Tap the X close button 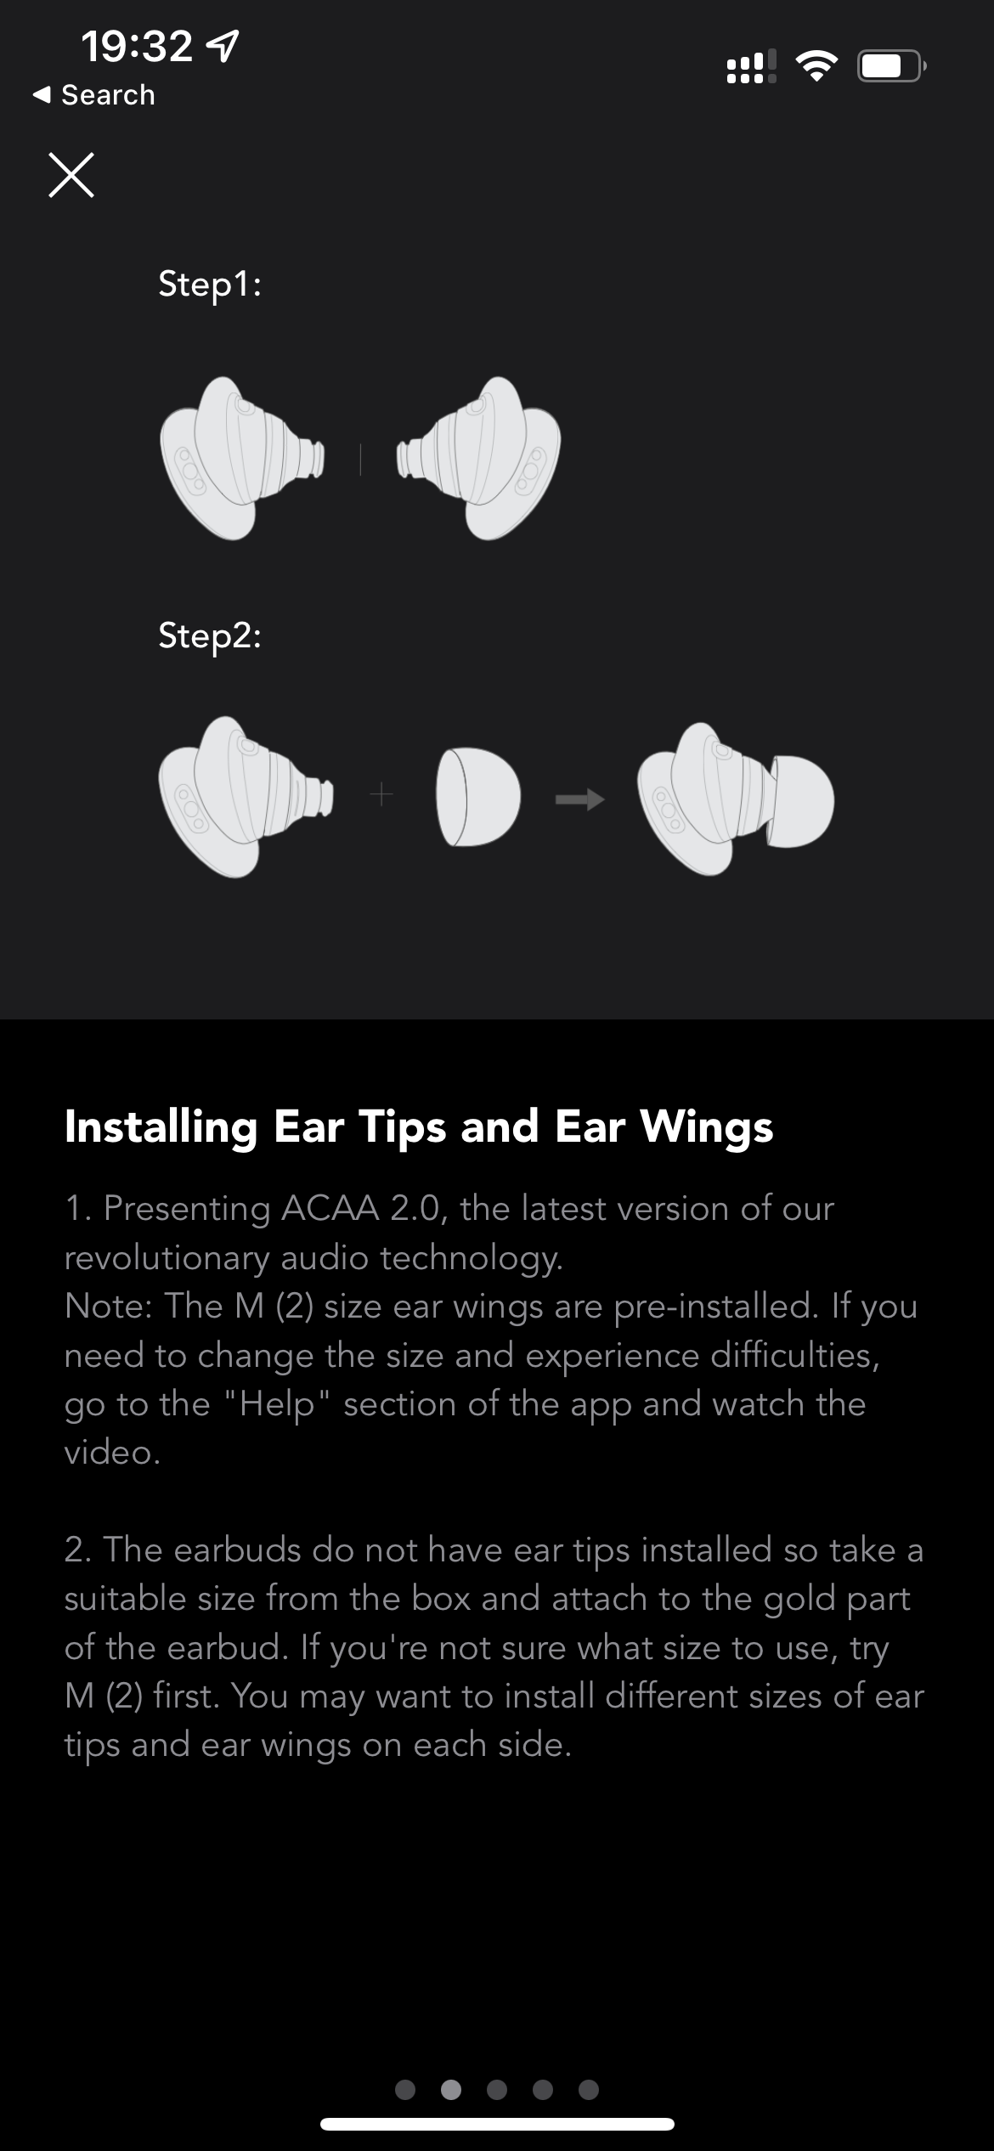pos(71,175)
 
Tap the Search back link pos(93,95)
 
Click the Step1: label pos(210,285)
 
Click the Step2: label pos(210,635)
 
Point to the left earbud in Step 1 pos(242,458)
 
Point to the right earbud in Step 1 pos(478,458)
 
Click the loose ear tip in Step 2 pos(477,797)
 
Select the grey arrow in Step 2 pos(579,799)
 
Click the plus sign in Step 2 pos(382,795)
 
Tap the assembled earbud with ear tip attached pos(736,799)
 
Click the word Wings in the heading pos(707,1128)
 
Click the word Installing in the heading pos(161,1128)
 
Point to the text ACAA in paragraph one pos(330,1208)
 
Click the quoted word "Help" pos(276,1403)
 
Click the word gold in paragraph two pos(799,1599)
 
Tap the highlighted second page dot pos(451,2089)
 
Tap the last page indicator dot pos(589,2089)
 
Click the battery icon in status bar pos(891,65)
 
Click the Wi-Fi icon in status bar pos(816,65)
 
